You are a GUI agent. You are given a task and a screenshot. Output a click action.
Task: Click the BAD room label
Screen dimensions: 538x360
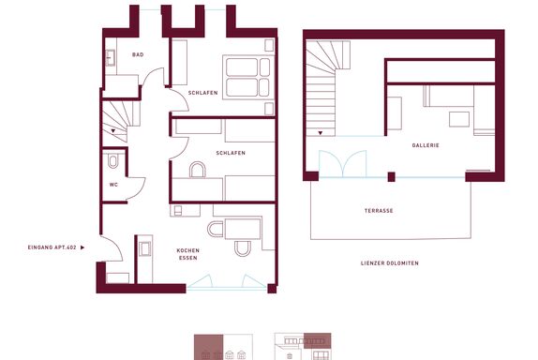point(138,54)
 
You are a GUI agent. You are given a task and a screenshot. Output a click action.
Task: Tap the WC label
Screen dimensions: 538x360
point(113,185)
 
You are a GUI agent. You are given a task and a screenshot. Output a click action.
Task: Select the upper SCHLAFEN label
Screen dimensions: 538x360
point(202,93)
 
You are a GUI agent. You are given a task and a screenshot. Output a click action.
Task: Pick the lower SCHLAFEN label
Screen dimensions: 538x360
point(231,153)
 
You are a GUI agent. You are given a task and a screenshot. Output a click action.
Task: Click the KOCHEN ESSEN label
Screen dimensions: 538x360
point(188,254)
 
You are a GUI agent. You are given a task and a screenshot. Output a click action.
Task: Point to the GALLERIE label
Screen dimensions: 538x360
point(426,145)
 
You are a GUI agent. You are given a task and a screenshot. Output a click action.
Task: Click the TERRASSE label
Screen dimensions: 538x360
point(379,211)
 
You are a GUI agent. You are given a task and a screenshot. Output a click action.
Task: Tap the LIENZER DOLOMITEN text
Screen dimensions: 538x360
point(390,263)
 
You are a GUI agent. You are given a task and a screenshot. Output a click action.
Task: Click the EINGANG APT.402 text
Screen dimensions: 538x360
point(52,247)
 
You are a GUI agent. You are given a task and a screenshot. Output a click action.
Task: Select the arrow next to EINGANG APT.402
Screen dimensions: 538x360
point(82,247)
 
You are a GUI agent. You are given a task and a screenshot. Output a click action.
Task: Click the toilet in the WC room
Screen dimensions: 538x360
point(112,160)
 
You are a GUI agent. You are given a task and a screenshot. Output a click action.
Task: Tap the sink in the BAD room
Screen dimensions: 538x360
point(111,57)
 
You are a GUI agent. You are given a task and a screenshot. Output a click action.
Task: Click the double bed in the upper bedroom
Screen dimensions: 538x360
point(248,77)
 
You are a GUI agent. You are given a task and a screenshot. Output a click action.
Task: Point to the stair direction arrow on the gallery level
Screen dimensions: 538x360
point(321,133)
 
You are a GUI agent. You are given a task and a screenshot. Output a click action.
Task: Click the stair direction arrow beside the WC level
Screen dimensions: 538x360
point(112,130)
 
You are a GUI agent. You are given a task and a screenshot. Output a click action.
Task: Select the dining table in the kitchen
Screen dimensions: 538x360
point(242,228)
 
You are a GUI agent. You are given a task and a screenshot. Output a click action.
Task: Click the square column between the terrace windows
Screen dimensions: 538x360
point(391,177)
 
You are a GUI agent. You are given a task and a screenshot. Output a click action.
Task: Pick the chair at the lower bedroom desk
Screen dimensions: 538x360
point(197,170)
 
